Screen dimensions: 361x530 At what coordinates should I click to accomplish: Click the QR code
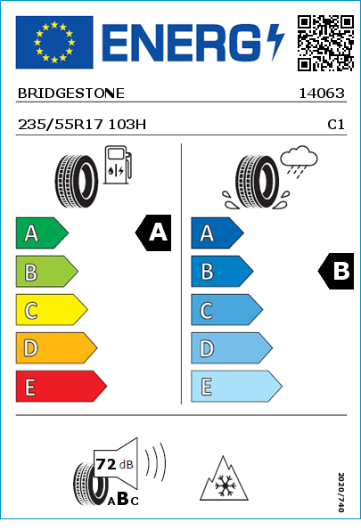click(x=326, y=43)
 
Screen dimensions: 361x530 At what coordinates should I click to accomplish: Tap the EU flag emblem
click(x=54, y=42)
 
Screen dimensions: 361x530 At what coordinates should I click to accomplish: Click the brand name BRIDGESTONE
click(x=71, y=94)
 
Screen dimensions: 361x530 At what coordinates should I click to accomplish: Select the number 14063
click(x=322, y=94)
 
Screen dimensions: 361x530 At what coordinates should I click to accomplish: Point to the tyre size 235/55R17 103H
click(x=82, y=125)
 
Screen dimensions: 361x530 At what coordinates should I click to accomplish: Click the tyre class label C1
click(x=336, y=125)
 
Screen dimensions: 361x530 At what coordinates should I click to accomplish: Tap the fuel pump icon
click(x=118, y=165)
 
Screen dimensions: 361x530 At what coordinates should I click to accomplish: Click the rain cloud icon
click(x=299, y=161)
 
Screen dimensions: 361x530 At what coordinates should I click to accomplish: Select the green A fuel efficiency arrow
click(x=42, y=232)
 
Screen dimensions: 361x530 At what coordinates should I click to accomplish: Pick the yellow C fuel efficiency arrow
click(x=52, y=310)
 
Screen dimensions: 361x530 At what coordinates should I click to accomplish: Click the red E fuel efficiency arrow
click(x=62, y=387)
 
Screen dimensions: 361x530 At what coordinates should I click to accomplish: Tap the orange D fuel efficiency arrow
click(x=56, y=347)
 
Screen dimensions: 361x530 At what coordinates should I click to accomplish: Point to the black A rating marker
click(x=153, y=232)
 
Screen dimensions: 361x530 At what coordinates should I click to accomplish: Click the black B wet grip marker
click(x=336, y=271)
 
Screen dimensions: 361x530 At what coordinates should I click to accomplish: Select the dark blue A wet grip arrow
click(x=217, y=232)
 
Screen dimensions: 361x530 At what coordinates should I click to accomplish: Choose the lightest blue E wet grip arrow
click(x=236, y=387)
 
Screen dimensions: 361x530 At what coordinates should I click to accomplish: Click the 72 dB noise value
click(x=115, y=464)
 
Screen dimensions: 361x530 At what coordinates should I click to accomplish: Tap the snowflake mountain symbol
click(x=224, y=478)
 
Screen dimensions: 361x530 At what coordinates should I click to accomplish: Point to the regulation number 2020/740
click(x=341, y=492)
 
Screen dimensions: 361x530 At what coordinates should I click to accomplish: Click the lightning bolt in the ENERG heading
click(x=275, y=42)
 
